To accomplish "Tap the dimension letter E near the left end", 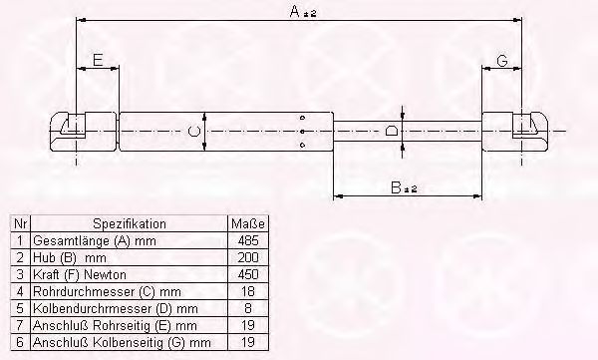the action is [x=98, y=60].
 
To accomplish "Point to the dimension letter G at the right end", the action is [x=502, y=60].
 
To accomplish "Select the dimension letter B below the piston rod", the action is [x=397, y=187].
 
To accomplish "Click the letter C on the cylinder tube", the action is [x=194, y=132].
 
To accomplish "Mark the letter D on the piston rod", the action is [x=392, y=131].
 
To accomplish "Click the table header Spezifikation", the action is [x=130, y=223].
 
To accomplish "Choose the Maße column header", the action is [x=247, y=223].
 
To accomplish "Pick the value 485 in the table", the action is [x=248, y=240].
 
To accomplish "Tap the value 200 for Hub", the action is [x=248, y=257].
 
